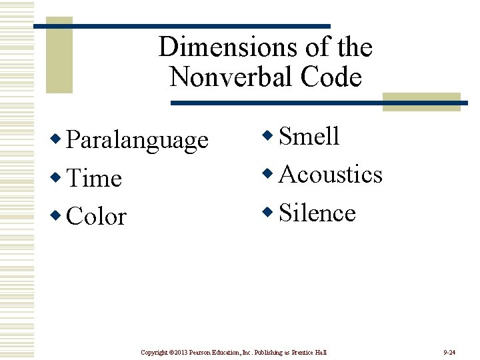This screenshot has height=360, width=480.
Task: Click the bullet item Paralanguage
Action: tap(137, 141)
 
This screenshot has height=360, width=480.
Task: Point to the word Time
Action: tap(95, 179)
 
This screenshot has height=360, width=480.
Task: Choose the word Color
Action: tap(97, 217)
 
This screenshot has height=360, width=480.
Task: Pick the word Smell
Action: tap(309, 136)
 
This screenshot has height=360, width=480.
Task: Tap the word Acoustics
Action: tap(331, 174)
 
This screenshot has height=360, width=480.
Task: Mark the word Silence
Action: tap(317, 213)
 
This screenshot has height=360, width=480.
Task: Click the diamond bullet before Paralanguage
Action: tap(58, 139)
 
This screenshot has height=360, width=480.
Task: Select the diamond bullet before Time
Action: tap(58, 177)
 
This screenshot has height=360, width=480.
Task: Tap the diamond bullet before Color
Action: tap(58, 215)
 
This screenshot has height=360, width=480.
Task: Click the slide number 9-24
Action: tap(449, 351)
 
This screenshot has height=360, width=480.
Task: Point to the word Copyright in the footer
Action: tap(155, 351)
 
